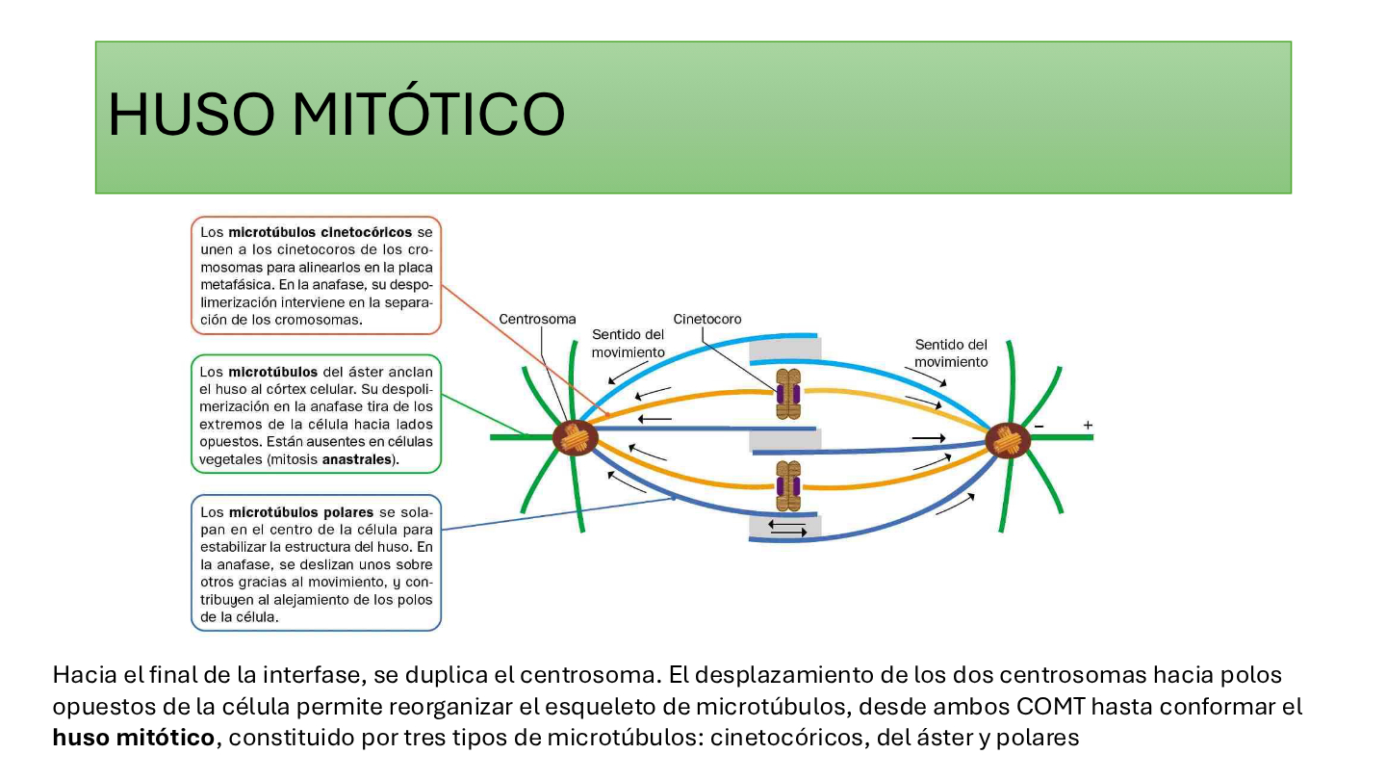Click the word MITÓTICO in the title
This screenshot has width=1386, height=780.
[428, 114]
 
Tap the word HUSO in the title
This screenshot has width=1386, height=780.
[192, 115]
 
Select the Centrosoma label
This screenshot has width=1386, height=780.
[537, 319]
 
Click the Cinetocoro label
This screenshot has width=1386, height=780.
[707, 319]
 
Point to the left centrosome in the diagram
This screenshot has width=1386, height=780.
[575, 437]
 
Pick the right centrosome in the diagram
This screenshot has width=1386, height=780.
[1008, 440]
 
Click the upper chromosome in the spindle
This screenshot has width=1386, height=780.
[788, 394]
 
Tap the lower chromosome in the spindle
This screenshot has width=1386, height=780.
[788, 486]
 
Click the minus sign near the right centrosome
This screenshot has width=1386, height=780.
[1039, 426]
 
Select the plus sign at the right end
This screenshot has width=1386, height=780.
[1088, 426]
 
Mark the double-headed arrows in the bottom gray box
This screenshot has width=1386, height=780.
[787, 528]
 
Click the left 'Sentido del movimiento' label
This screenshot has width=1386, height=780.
[628, 344]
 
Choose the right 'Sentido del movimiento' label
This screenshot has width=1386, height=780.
[951, 352]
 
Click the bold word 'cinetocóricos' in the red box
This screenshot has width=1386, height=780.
[320, 232]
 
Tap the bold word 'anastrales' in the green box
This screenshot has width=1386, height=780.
[357, 459]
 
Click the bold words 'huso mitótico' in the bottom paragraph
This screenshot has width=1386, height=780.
[133, 738]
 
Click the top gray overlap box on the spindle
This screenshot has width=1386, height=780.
[785, 350]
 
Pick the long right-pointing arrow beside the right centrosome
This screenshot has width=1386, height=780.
[928, 438]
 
